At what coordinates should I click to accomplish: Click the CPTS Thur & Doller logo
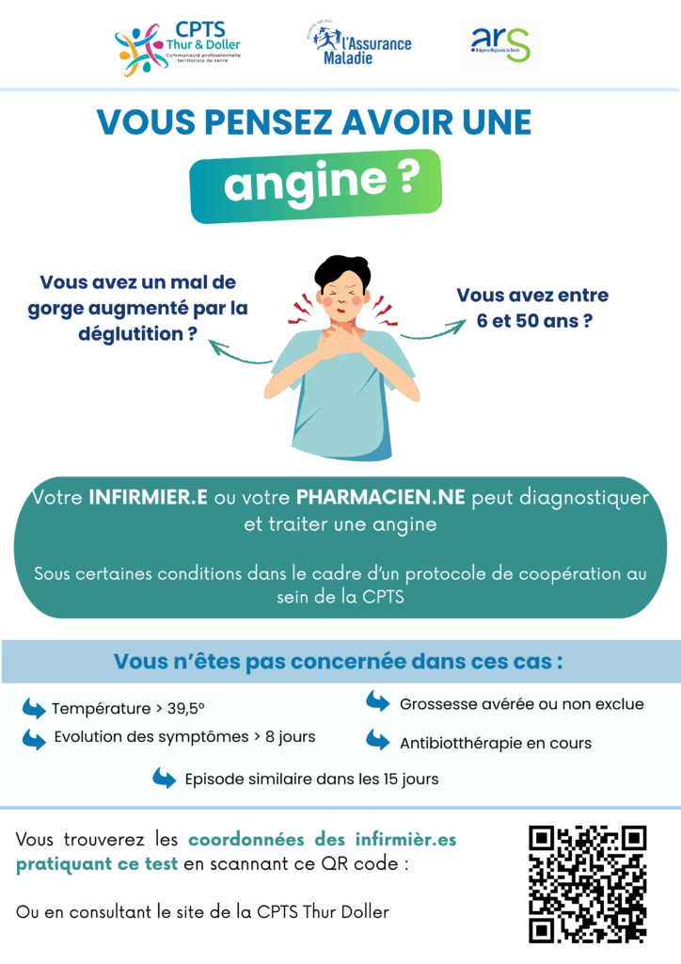click(178, 49)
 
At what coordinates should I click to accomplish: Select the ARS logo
click(499, 45)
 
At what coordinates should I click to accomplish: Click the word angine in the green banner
click(305, 184)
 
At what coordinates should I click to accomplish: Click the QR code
click(587, 885)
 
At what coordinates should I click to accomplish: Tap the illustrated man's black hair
click(341, 270)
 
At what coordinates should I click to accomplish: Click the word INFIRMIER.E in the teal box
click(148, 497)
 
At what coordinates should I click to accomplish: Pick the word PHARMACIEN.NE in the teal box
click(380, 497)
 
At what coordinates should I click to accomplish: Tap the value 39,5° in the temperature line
click(185, 708)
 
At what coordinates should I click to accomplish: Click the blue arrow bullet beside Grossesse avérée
click(377, 702)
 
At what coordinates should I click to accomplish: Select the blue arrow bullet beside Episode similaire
click(164, 778)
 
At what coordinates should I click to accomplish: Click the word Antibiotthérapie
click(461, 744)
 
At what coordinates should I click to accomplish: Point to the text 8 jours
click(290, 736)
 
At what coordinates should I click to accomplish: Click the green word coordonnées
click(246, 839)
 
